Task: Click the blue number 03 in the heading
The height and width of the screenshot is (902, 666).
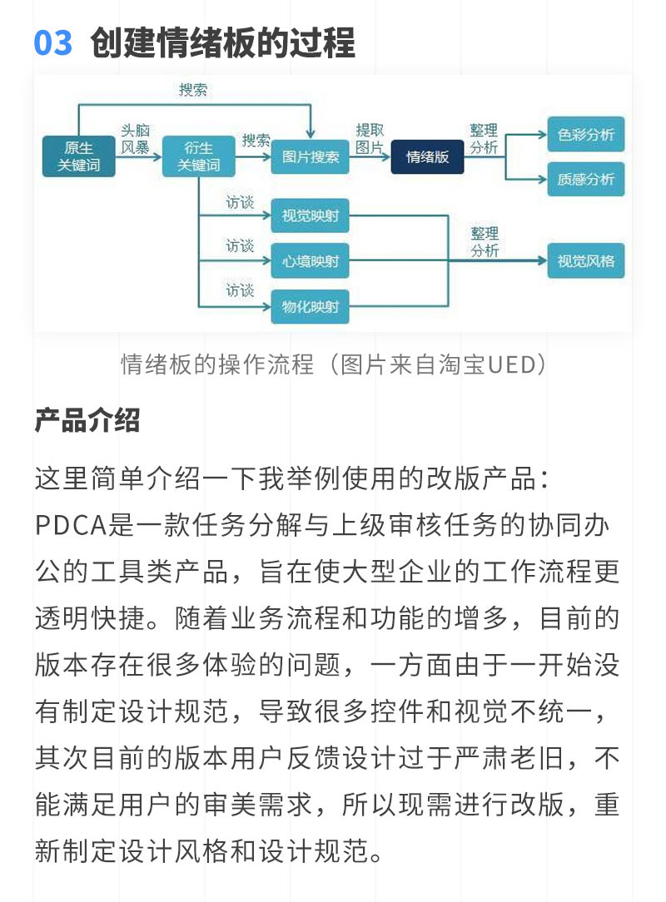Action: point(53,43)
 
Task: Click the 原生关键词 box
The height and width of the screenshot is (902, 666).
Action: point(79,156)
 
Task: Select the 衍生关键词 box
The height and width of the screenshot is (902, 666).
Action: point(199,156)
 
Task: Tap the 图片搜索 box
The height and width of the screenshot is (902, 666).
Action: point(311,156)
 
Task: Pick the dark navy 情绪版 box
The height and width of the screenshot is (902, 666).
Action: point(427,156)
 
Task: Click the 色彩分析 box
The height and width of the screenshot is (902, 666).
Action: point(586,135)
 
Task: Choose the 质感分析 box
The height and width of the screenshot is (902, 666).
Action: point(586,179)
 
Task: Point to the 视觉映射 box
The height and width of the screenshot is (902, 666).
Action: point(311,216)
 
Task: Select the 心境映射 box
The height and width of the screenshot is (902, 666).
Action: point(311,261)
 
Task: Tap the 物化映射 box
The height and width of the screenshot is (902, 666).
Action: point(311,306)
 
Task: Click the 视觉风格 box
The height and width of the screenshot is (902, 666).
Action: point(586,261)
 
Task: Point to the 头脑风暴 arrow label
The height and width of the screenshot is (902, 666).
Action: point(135,139)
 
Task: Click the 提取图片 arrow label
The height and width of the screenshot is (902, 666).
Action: point(370,139)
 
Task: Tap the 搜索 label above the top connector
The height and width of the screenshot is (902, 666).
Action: point(193,90)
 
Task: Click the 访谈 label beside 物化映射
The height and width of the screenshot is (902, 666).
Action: point(240,290)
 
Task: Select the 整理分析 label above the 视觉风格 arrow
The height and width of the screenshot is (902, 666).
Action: point(485,241)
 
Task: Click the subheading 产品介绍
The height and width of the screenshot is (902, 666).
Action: point(87,420)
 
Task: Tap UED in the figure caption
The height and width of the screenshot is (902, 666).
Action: point(512,364)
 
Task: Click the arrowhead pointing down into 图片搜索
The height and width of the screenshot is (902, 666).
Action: point(311,134)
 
